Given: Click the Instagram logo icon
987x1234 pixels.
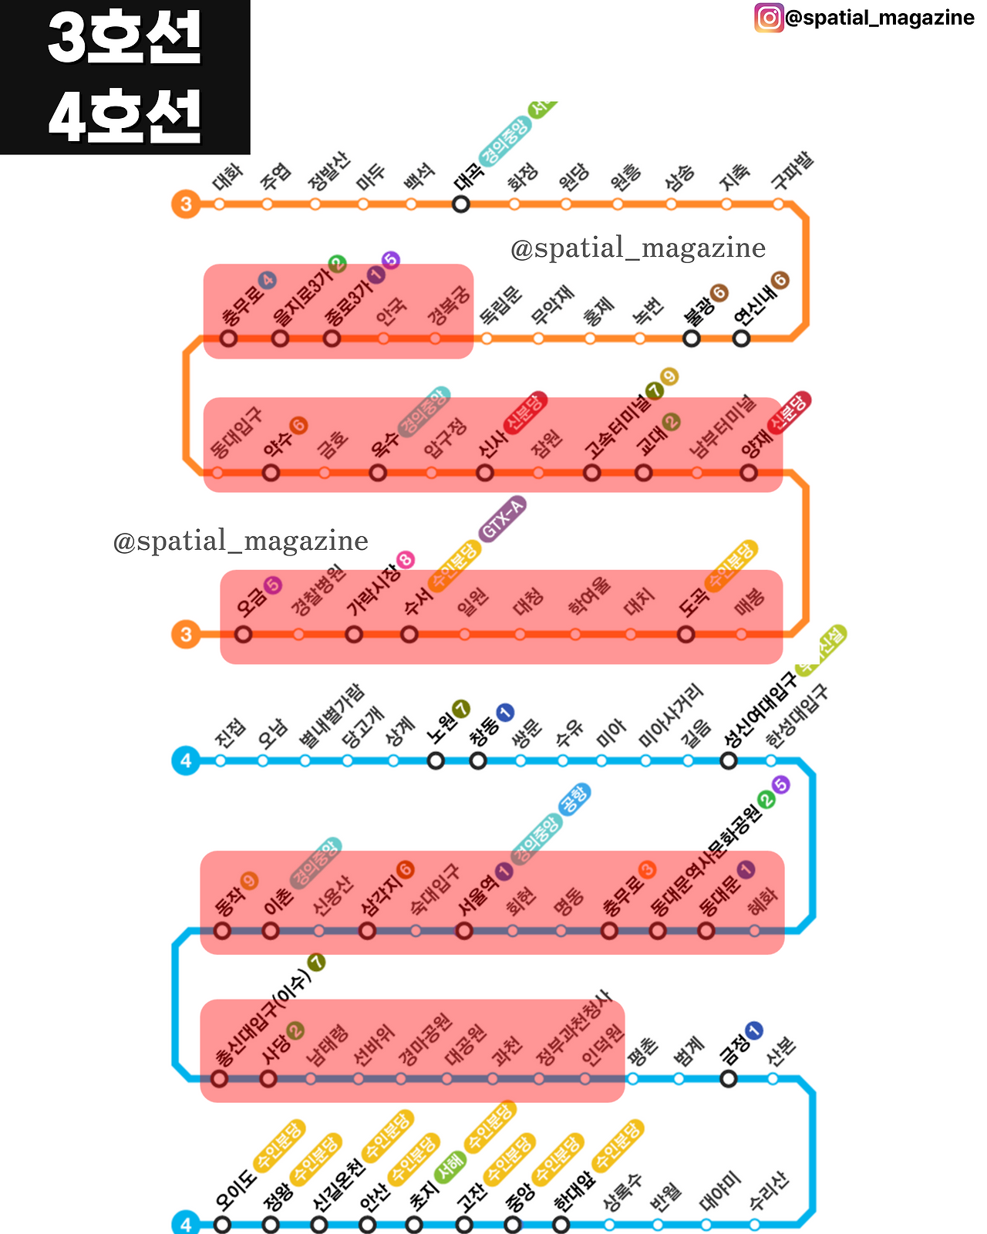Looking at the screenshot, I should (769, 17).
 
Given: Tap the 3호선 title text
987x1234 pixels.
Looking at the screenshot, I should (125, 38).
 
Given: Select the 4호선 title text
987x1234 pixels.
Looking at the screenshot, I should (125, 116).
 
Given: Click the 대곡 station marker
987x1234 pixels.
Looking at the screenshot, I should (461, 204).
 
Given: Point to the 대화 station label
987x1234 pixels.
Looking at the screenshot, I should (227, 177).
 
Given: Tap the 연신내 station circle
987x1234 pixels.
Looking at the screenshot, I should (741, 338).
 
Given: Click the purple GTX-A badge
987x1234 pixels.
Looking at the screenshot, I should (503, 518).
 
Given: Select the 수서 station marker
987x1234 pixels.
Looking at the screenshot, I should (409, 634).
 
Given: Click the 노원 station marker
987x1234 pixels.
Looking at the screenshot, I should (436, 761).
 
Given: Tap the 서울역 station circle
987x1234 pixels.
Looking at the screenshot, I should (463, 931).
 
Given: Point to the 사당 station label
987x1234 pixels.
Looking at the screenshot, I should (275, 1049).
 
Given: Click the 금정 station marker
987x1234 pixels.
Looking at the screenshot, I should (728, 1078).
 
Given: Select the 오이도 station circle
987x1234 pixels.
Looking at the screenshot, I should (222, 1225).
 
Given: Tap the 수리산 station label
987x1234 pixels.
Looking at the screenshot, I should (769, 1191).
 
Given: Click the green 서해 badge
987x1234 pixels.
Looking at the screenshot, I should (449, 1168).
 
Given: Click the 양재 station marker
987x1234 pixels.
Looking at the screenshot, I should (749, 472).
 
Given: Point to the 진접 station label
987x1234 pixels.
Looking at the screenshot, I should (230, 733).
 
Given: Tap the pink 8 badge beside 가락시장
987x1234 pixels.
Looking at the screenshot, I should (406, 560).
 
